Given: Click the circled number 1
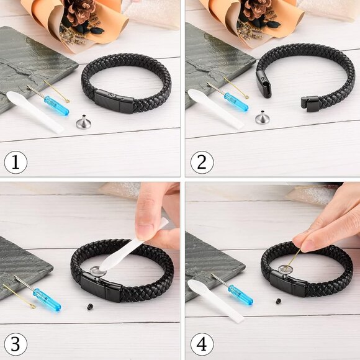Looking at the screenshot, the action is pos(16,163).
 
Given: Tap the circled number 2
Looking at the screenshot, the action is pos(202,163).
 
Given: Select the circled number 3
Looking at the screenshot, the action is pos(16,344).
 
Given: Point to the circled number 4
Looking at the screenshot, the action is pos(202,344).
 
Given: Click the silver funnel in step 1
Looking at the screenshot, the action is pos(83,122).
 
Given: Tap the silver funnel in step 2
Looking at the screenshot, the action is pos(263,118).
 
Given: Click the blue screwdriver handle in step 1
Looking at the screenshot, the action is pos(56,106).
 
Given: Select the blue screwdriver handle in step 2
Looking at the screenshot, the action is pos(236,102).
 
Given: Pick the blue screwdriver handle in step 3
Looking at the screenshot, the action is pos(47,300).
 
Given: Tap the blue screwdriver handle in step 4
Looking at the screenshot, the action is pos(241,295).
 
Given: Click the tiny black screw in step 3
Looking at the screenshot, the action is pos(90,307).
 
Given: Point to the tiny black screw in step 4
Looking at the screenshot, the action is pos(278,301).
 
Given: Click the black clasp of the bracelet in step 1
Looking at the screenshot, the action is pos(114,101).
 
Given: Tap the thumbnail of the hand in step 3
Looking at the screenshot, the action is pos(143,232).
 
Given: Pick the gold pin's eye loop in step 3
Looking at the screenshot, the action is pos(33,306).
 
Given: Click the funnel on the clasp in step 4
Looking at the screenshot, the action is pos(284,269).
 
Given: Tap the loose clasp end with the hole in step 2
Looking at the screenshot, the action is pos(264,84).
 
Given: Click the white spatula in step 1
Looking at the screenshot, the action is pos(35,112).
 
